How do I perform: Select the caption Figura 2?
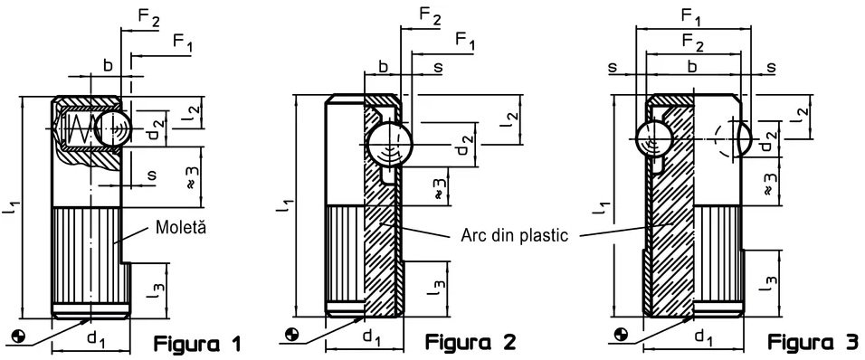[x=470, y=342]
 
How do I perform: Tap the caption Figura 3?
[x=813, y=342]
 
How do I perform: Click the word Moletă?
[x=181, y=227]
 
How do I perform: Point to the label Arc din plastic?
[x=514, y=235]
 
